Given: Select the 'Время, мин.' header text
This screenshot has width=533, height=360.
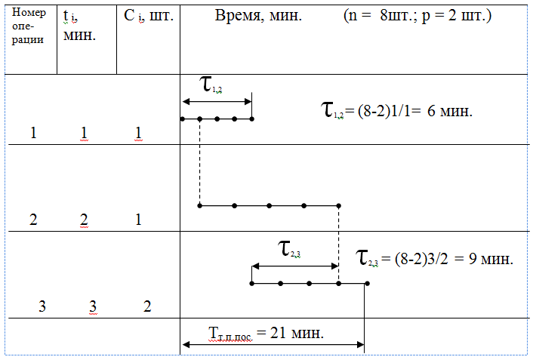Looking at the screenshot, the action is tap(257, 16).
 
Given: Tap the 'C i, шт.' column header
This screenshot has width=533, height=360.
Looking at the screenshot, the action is tap(149, 16).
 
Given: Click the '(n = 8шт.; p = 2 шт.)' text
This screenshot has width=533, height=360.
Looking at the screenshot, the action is tap(417, 16).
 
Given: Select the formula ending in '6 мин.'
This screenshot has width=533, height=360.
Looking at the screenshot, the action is tap(397, 110).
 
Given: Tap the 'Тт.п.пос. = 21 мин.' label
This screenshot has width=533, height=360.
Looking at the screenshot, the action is tap(266, 332).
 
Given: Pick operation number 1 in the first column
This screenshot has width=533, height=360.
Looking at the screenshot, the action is tap(33, 134).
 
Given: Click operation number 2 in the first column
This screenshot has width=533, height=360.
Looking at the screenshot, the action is tap(33, 220).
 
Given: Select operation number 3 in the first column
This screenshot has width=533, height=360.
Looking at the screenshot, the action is tap(42, 306).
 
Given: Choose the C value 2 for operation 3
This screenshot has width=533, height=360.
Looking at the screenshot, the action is tap(147, 306).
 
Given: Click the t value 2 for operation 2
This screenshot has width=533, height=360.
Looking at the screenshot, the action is tap(84, 220).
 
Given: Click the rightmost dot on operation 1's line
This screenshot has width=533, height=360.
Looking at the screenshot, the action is tap(252, 118).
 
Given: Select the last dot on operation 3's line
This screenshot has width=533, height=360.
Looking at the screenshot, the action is tap(367, 283).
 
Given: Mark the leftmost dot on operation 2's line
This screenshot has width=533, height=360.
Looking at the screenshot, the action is tap(199, 205).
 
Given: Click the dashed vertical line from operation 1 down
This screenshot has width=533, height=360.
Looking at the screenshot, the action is tap(199, 162).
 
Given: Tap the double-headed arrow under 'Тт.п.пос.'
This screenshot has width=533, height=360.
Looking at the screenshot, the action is tap(273, 346).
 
